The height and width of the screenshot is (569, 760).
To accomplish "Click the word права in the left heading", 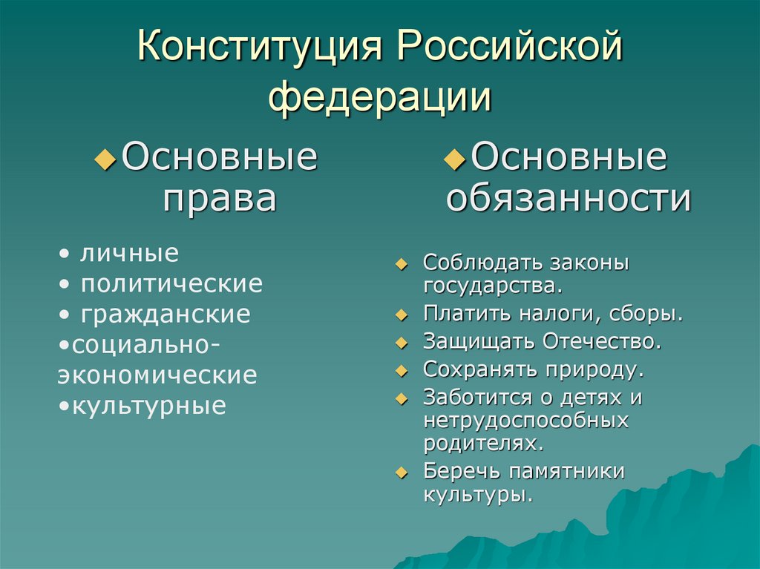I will click(220, 199).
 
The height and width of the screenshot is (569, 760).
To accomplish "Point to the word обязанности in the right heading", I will click(569, 199).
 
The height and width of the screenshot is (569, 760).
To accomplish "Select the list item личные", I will click(129, 253).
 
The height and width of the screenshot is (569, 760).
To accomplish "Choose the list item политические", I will click(171, 283).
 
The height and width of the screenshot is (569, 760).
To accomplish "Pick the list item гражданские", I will click(166, 315).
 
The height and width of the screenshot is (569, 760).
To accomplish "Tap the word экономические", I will click(157, 375).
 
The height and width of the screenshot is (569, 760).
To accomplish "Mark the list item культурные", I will click(148, 406).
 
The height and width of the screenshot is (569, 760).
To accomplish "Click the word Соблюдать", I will click(482, 263).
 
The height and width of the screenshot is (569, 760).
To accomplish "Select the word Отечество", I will click(601, 341).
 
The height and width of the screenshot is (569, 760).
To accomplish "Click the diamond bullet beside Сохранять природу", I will click(402, 370).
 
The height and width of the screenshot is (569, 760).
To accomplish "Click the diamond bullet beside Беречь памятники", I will click(402, 473).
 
